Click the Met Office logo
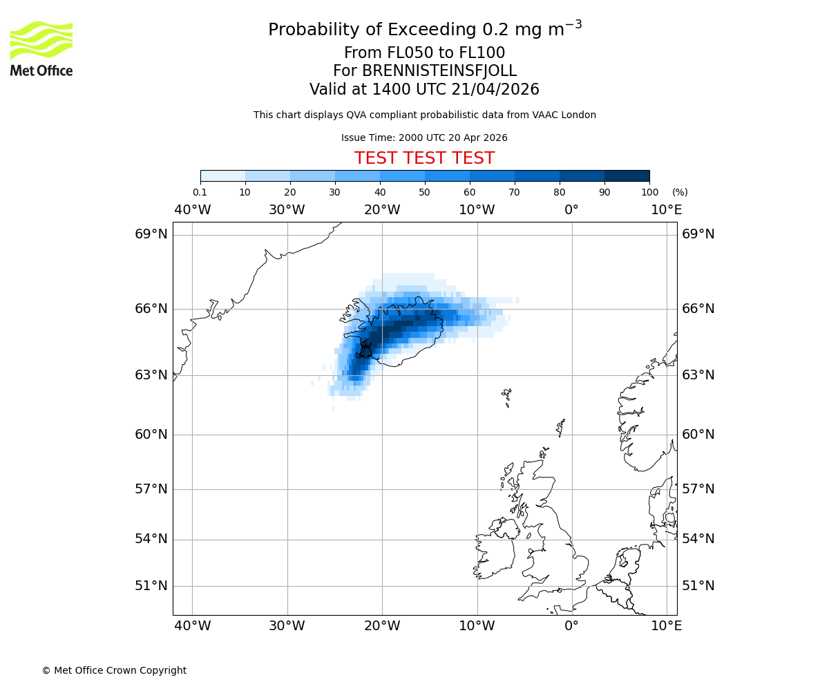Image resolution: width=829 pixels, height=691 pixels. point(41,48)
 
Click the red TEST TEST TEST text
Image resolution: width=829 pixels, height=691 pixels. point(424,158)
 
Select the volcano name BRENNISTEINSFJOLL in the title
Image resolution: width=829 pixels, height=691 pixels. point(424,71)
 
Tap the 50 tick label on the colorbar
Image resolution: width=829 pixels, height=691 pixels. point(424,192)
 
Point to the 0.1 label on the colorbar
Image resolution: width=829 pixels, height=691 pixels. point(200,192)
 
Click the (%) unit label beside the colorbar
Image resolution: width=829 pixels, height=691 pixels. point(680,192)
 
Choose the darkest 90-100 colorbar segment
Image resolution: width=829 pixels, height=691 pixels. point(627,176)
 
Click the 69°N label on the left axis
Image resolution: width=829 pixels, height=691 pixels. point(151,234)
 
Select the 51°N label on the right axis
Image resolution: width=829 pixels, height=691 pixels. point(698,586)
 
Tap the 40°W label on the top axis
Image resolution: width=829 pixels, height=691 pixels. point(192,210)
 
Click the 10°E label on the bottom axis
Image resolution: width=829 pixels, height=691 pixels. point(667,626)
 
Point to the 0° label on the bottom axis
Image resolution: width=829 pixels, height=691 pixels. point(571,626)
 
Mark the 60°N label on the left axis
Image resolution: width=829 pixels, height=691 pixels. point(151,435)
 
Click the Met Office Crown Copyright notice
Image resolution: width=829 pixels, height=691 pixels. point(114,670)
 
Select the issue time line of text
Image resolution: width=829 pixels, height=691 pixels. point(424,138)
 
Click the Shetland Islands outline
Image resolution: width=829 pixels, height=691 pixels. point(561,427)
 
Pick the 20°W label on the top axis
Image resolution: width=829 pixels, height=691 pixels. point(382,210)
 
